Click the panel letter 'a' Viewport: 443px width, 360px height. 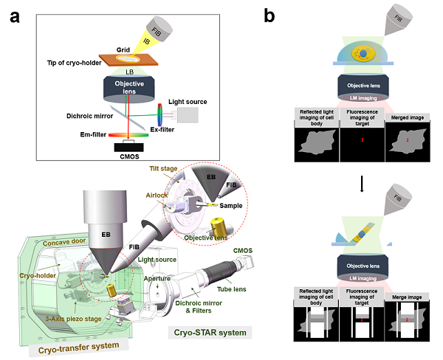click(x=14, y=18)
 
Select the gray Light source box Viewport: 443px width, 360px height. click(x=187, y=114)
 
